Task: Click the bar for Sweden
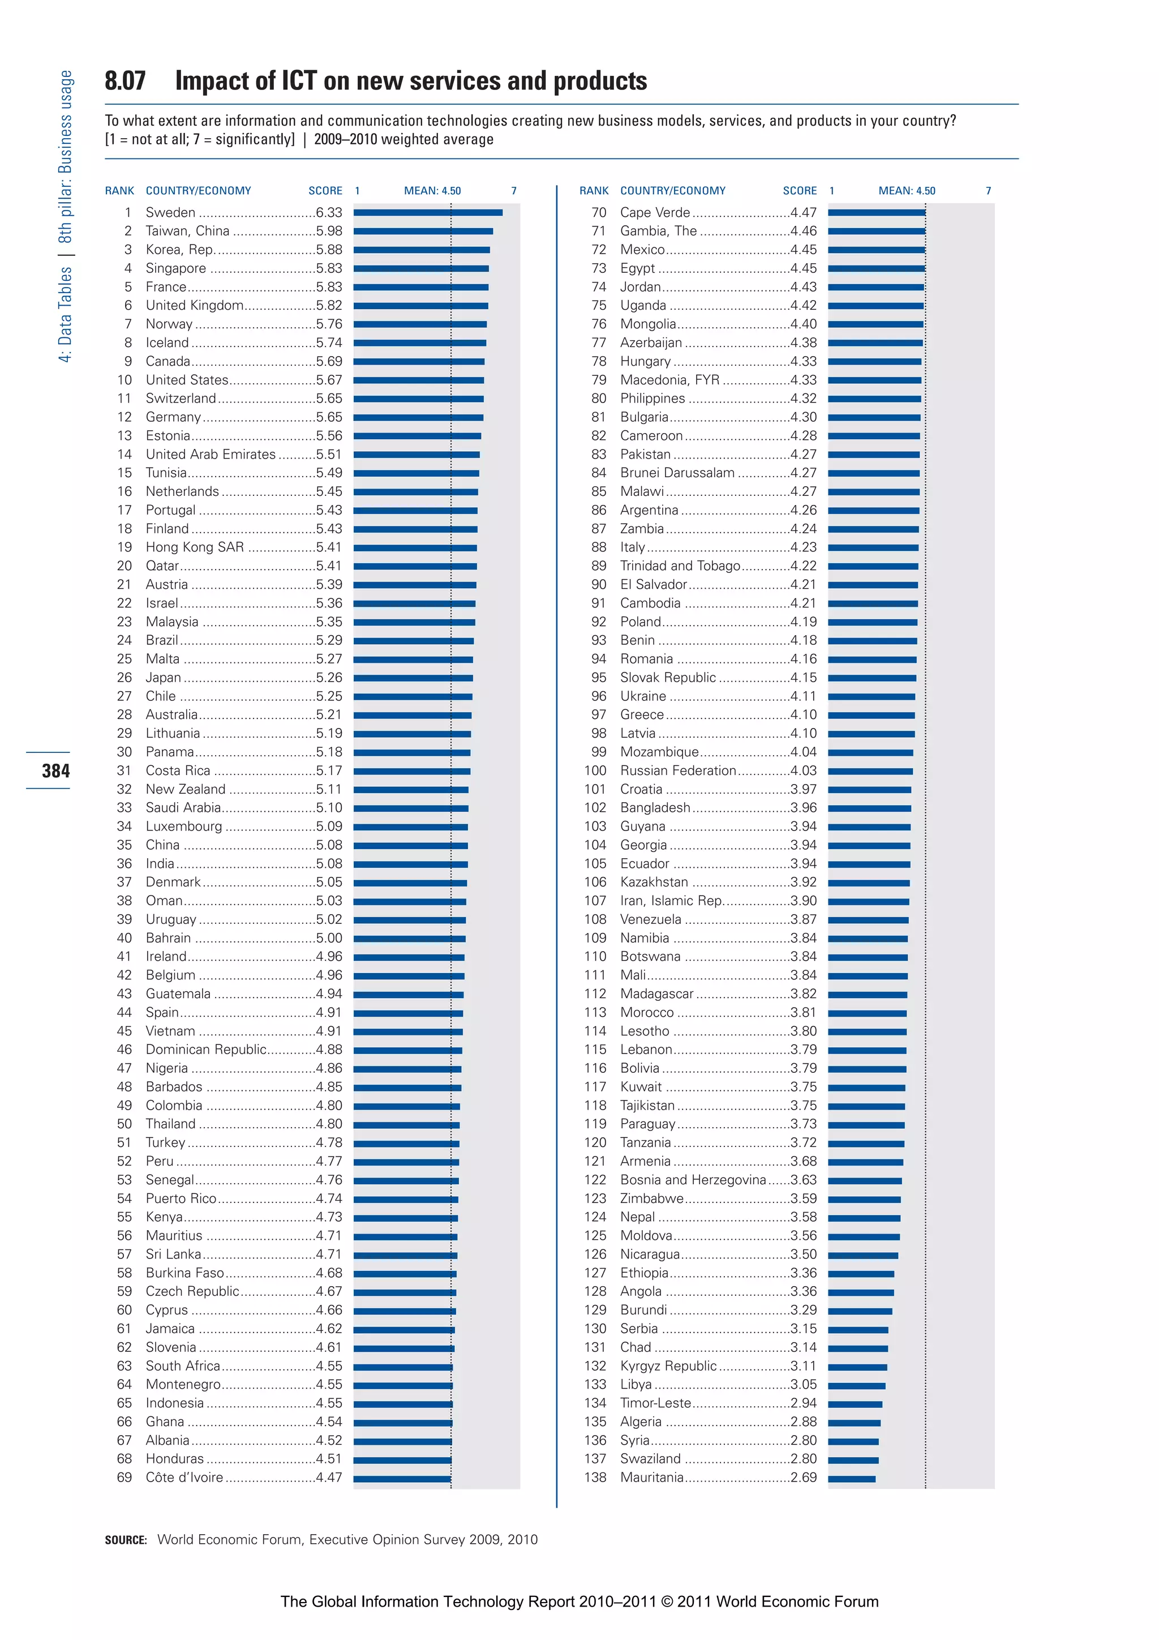pos(427,212)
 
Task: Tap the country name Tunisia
pos(166,473)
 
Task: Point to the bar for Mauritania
pos(851,1479)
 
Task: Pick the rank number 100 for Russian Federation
pos(595,770)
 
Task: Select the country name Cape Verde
pos(655,212)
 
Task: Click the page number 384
pos(55,770)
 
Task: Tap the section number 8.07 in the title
pos(125,81)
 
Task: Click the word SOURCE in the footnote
pos(126,1540)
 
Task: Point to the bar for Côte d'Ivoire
pos(402,1479)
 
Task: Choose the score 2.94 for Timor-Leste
pos(804,1403)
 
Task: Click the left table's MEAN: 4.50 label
pos(432,191)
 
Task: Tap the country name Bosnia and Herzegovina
pos(692,1180)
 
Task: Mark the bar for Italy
pos(873,548)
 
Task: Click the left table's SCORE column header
pos(325,191)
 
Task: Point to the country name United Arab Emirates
pos(211,454)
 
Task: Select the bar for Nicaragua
pos(862,1255)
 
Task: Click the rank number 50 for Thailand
pos(125,1124)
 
